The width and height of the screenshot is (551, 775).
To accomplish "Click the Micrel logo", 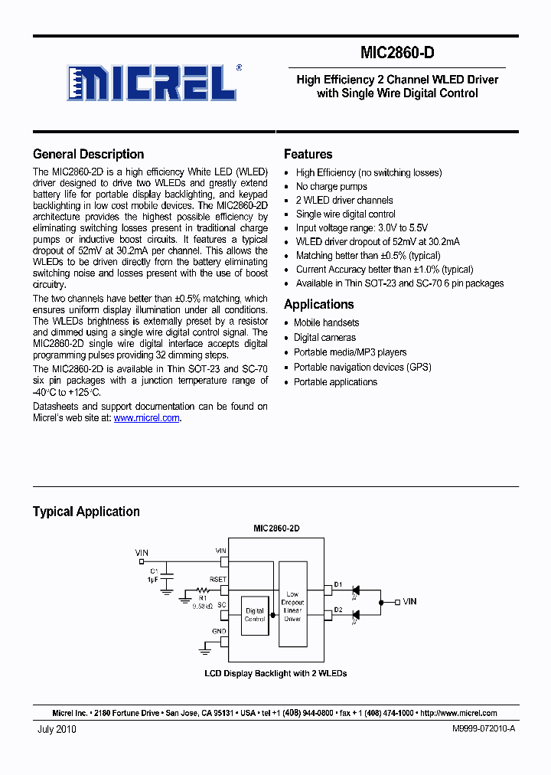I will click(x=151, y=82).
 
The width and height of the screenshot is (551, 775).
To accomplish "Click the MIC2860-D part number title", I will click(x=397, y=54).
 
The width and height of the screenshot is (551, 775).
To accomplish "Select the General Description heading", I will click(x=89, y=154).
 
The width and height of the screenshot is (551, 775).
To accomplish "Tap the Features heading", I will click(x=308, y=154).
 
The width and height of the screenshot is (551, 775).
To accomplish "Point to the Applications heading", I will click(x=319, y=304).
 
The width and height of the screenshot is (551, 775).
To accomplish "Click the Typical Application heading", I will click(x=86, y=512).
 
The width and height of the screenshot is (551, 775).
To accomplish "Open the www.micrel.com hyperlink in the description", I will click(x=146, y=418).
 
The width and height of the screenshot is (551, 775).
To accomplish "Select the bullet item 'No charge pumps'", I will click(x=331, y=187).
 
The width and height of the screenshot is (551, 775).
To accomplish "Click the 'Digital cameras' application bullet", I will click(x=324, y=338).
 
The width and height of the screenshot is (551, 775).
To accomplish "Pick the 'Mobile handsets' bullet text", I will click(x=326, y=323).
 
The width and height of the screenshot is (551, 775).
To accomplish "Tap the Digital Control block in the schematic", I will click(x=254, y=615).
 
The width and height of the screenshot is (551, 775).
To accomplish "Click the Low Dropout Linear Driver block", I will click(x=292, y=607).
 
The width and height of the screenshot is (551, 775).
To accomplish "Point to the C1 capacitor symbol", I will click(x=170, y=574).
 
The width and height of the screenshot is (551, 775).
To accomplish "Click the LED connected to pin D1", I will click(x=355, y=590).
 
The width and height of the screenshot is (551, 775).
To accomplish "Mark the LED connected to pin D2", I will click(x=355, y=613).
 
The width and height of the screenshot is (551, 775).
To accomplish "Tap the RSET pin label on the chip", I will click(x=218, y=580).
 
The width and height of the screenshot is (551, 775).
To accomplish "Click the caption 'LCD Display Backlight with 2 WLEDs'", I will click(x=275, y=674).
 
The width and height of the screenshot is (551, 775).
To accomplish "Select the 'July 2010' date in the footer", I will click(x=57, y=729).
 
